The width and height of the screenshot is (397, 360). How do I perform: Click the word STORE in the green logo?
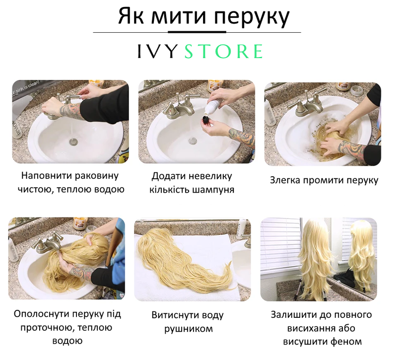click(x=224, y=52)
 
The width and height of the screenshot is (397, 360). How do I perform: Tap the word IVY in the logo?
click(x=157, y=52)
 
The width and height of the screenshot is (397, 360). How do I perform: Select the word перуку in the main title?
click(x=252, y=16)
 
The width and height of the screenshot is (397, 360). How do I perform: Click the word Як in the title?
click(x=131, y=16)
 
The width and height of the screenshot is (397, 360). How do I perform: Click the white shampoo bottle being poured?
click(x=212, y=105)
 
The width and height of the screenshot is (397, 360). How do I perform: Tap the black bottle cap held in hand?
click(x=205, y=120)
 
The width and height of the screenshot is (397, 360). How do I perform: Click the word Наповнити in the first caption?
click(x=46, y=176)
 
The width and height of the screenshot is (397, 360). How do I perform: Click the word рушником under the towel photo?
click(x=189, y=329)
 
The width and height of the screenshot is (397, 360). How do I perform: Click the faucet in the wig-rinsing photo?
click(x=49, y=243)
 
